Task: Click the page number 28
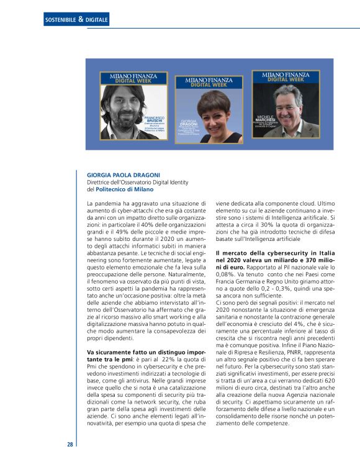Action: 70,444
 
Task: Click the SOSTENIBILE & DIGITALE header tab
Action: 76,20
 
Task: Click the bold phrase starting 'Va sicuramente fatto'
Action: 146,353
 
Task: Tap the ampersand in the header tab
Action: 81,20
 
